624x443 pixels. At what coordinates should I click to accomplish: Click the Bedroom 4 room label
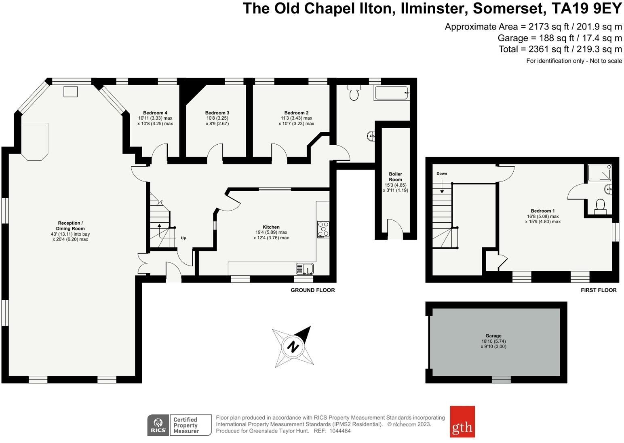pyautogui.click(x=155, y=113)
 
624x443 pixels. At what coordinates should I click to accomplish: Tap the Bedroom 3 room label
pyautogui.click(x=217, y=113)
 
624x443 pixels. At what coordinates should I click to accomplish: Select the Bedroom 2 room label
pyautogui.click(x=296, y=113)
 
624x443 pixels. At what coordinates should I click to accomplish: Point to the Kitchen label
pyautogui.click(x=271, y=227)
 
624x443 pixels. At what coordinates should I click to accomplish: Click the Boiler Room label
pyautogui.click(x=395, y=177)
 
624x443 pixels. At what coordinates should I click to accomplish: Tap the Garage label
pyautogui.click(x=493, y=335)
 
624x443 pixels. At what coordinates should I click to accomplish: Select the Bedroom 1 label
pyautogui.click(x=542, y=211)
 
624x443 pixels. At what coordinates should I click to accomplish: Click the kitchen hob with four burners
pyautogui.click(x=323, y=229)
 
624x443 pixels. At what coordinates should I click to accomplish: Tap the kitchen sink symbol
pyautogui.click(x=305, y=268)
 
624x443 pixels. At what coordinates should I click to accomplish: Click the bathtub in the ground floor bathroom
pyautogui.click(x=392, y=93)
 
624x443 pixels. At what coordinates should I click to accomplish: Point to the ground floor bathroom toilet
pyautogui.click(x=354, y=93)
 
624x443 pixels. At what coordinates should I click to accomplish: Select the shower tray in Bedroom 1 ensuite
pyautogui.click(x=599, y=173)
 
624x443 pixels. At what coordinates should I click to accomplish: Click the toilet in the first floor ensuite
pyautogui.click(x=600, y=206)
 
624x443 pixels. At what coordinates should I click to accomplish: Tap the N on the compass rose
pyautogui.click(x=293, y=347)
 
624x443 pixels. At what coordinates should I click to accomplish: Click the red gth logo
pyautogui.click(x=462, y=422)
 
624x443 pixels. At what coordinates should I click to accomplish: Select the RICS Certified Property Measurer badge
pyautogui.click(x=179, y=425)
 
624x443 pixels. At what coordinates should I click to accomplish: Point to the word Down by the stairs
pyautogui.click(x=442, y=173)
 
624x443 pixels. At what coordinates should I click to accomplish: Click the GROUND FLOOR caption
pyautogui.click(x=313, y=290)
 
